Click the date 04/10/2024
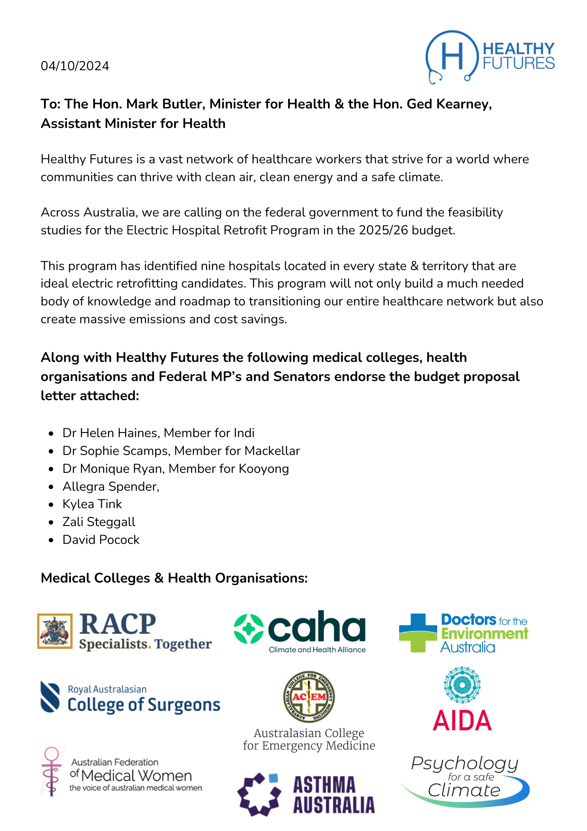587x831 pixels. tap(75, 66)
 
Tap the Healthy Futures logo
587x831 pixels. tap(490, 57)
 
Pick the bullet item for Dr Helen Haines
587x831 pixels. tap(158, 433)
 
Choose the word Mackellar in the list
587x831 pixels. tap(272, 451)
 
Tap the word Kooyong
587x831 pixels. tap(264, 469)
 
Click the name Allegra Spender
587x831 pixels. tap(110, 487)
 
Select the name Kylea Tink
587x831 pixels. tap(92, 504)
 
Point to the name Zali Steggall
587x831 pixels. tap(99, 522)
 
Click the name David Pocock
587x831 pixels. tap(101, 540)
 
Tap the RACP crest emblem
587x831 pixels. tap(55, 631)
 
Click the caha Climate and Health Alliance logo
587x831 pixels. tap(300, 632)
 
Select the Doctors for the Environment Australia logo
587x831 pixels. tap(463, 633)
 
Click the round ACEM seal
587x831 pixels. tap(309, 697)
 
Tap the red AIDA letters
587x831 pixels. tap(462, 720)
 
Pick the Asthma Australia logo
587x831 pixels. tap(306, 794)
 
